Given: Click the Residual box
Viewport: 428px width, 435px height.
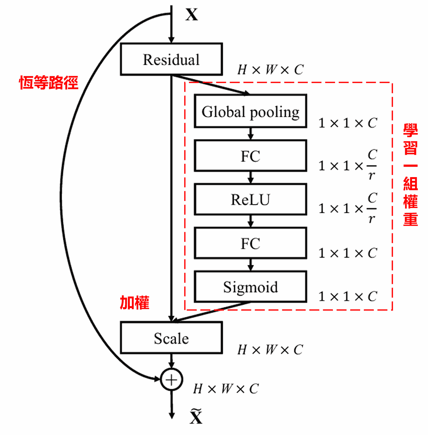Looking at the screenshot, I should (x=171, y=59).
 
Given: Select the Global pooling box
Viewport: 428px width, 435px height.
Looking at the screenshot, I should (x=250, y=111).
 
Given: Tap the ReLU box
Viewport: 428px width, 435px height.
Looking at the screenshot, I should (x=250, y=199).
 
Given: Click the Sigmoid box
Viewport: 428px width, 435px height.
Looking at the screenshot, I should (x=250, y=287).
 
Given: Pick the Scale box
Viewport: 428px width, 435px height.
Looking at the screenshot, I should (x=171, y=338).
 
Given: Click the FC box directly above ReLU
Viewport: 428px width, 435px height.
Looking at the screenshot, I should (x=250, y=156).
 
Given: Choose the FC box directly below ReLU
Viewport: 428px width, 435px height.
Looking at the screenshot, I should (x=250, y=243).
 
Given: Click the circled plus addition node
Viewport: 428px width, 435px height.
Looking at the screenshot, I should (x=172, y=380).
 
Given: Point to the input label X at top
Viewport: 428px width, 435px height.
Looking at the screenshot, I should (x=192, y=14).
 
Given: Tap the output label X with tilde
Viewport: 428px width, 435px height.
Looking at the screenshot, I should (x=196, y=416).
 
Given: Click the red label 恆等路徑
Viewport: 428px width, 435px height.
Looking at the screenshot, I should (x=49, y=83).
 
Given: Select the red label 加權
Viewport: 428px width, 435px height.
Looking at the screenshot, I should (x=135, y=303).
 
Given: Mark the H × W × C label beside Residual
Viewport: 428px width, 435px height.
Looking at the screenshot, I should (x=271, y=70).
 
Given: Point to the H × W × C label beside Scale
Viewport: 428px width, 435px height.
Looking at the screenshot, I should (x=271, y=350).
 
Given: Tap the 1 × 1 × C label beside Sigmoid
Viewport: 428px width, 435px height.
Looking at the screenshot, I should (x=348, y=296).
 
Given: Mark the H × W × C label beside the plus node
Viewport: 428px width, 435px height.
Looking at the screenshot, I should (x=226, y=389).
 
